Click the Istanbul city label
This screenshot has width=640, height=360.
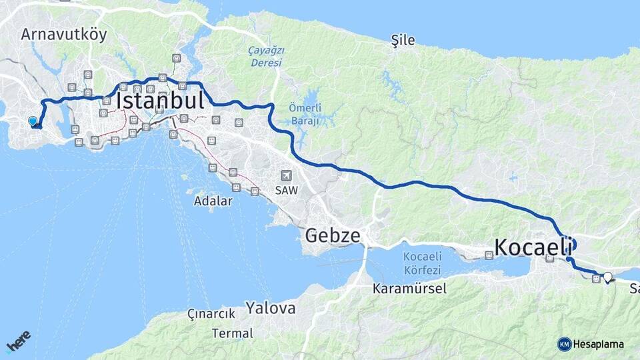(x=160, y=101)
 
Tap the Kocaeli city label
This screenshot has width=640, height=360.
(x=534, y=247)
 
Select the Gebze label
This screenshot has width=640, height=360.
(x=333, y=235)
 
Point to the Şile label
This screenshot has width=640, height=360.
(x=403, y=40)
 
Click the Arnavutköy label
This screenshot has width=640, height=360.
(x=64, y=34)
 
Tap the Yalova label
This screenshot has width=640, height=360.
(x=270, y=308)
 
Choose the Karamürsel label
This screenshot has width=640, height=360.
(x=409, y=289)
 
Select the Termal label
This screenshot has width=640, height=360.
(x=233, y=333)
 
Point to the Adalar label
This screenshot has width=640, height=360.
(x=213, y=200)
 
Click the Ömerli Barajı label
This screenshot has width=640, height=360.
(x=305, y=114)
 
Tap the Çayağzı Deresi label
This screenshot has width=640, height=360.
(x=266, y=57)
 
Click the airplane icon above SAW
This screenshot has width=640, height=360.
(x=287, y=175)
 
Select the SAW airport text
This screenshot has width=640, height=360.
(x=287, y=190)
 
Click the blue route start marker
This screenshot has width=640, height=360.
(x=33, y=121)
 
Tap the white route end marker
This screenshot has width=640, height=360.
(x=607, y=276)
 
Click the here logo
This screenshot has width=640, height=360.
(x=19, y=341)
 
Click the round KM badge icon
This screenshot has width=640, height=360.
(x=565, y=344)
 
